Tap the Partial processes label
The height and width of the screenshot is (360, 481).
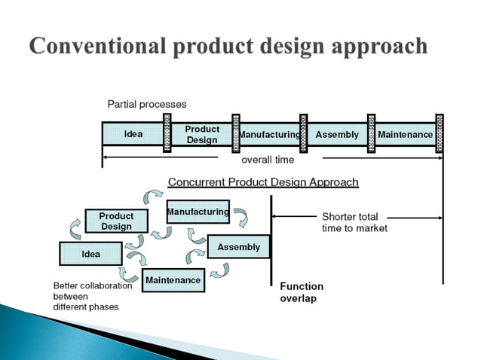(146, 104)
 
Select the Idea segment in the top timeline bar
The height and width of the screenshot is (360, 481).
(133, 134)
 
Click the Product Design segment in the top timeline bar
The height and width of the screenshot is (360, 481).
(201, 134)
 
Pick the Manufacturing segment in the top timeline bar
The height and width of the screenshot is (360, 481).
(268, 135)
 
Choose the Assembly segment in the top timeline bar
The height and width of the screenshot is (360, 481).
(337, 135)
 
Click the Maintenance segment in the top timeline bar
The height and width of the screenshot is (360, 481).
(405, 135)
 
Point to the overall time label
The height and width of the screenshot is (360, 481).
(268, 160)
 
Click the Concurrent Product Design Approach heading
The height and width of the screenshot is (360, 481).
(262, 182)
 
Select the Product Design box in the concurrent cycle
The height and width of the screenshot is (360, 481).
(116, 221)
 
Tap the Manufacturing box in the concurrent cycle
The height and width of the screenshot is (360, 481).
(198, 212)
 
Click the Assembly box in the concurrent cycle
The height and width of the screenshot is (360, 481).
(238, 247)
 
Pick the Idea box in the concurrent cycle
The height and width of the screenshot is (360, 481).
(90, 254)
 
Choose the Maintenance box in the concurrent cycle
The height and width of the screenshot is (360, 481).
(173, 280)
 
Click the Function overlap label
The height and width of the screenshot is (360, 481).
(301, 292)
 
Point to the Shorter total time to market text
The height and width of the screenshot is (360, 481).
(354, 222)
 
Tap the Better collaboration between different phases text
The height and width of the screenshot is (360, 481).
(92, 296)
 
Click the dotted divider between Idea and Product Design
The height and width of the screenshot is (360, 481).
(167, 133)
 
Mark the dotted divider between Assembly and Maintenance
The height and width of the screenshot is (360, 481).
(371, 133)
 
